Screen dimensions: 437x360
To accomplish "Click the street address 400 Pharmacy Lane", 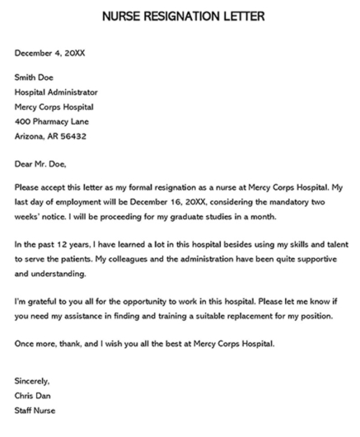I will pos(54,121).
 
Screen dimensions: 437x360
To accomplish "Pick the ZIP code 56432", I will pos(72,135).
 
